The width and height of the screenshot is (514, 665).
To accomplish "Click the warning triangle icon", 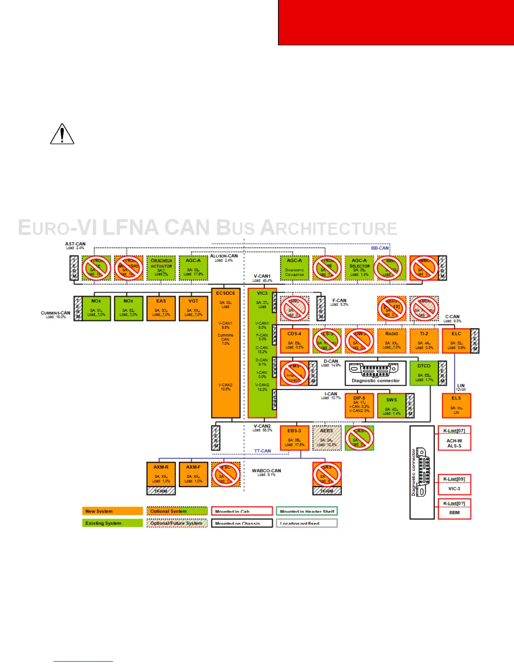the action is pyautogui.click(x=62, y=134).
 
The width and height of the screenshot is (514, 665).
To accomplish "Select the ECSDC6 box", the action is pyautogui.click(x=226, y=353).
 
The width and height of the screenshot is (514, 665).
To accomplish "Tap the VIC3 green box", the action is pyautogui.click(x=262, y=353).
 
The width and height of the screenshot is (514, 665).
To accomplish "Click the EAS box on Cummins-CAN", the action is pyautogui.click(x=161, y=309).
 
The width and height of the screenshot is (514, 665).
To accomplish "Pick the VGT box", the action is pyautogui.click(x=193, y=309).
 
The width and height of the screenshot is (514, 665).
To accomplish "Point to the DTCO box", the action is pyautogui.click(x=424, y=373).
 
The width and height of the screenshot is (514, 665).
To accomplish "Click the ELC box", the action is pyautogui.click(x=456, y=340).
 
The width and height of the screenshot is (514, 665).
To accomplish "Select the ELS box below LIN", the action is pyautogui.click(x=456, y=405).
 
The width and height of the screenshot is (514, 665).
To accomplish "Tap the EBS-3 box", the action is pyautogui.click(x=294, y=438).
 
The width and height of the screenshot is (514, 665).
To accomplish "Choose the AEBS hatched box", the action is pyautogui.click(x=327, y=438).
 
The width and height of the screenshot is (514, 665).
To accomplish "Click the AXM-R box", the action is pyautogui.click(x=161, y=474).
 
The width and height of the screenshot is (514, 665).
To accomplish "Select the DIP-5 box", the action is pyautogui.click(x=359, y=406).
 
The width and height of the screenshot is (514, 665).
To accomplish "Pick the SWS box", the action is pyautogui.click(x=391, y=406).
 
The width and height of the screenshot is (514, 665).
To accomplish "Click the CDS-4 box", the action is pyautogui.click(x=294, y=340).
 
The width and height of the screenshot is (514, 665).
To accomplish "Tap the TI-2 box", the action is pyautogui.click(x=424, y=340).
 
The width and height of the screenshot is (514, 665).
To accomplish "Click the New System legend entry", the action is pyautogui.click(x=113, y=511).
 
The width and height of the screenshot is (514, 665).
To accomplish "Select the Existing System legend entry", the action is pyautogui.click(x=113, y=523).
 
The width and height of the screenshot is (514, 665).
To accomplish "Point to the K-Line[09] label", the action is pyautogui.click(x=454, y=479).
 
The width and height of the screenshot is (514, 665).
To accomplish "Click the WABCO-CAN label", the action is pyautogui.click(x=266, y=471).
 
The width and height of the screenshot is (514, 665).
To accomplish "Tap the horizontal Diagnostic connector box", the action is pyautogui.click(x=375, y=373).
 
